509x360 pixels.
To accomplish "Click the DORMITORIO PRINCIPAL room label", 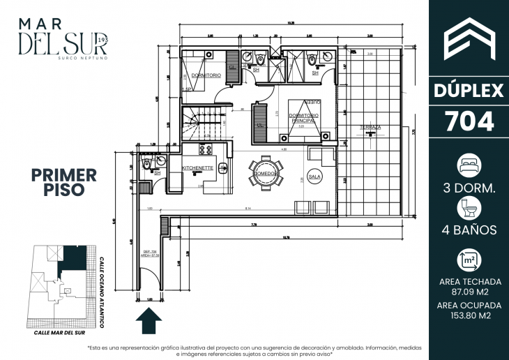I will [x=303, y=118].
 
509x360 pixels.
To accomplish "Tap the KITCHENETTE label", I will [x=197, y=169].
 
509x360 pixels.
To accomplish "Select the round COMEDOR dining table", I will [x=266, y=172].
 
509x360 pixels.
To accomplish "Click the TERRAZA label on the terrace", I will [x=370, y=128].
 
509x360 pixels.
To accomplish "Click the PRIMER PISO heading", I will [x=64, y=181].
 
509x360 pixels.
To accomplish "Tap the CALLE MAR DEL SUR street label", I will [x=63, y=333].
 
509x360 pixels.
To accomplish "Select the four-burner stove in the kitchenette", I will [x=207, y=149].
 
